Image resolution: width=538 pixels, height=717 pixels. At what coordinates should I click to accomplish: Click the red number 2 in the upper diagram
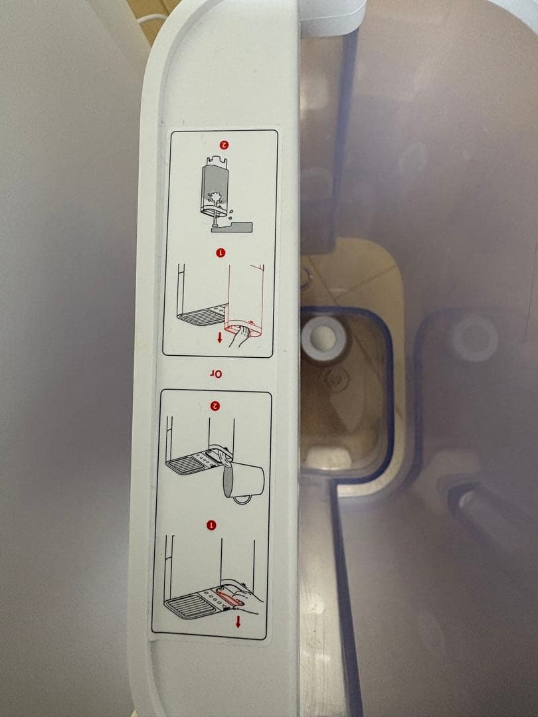pos(224,144)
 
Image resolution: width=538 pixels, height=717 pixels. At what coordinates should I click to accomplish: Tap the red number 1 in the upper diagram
pos(222,252)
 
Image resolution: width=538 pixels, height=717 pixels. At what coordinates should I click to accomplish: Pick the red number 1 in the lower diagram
pos(212,525)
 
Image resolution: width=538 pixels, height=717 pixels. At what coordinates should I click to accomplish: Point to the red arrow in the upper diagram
pos(220,337)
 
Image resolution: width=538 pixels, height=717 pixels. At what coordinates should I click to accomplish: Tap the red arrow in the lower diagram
pos(238,622)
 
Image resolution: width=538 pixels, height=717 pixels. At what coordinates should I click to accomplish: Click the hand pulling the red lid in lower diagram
pos(246,597)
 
